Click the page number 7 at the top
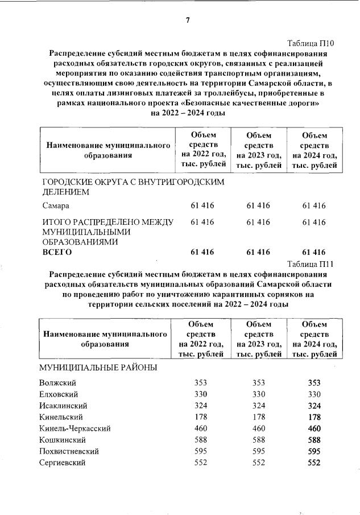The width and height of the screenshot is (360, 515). coord(187,21)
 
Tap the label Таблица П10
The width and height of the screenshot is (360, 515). coord(311,43)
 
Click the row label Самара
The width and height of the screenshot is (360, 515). coord(56,205)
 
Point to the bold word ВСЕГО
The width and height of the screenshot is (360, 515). coord(57,252)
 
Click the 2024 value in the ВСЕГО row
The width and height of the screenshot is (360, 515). coord(315,252)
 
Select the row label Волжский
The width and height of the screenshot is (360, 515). coord(58,382)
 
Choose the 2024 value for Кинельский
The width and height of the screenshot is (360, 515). coord(315,417)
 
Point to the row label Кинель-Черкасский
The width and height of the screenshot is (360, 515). coord(75,429)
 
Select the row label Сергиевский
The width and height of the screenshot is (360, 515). coord(63,463)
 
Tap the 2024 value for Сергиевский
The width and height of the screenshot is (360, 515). coord(315,463)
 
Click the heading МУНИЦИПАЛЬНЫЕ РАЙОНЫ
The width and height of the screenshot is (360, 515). coord(98,367)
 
